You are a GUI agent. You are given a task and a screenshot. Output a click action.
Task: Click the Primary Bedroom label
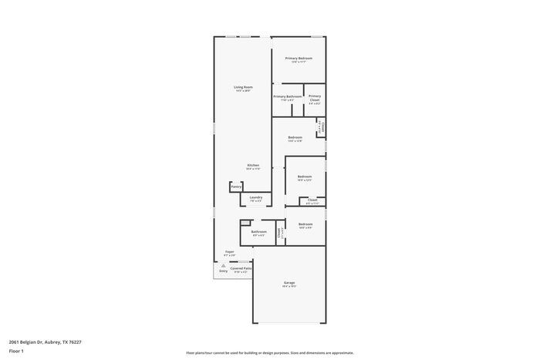point(299,59)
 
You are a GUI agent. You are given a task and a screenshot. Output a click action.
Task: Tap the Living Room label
point(243,87)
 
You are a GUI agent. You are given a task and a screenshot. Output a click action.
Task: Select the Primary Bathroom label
point(288,96)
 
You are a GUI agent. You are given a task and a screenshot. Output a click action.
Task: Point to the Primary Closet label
point(315,97)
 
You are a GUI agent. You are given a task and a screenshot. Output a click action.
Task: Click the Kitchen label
point(253,166)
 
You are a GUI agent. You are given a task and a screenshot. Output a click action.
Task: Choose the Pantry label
point(236,187)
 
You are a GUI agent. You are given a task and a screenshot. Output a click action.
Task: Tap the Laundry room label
point(255,197)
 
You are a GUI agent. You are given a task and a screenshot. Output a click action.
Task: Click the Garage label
point(289,283)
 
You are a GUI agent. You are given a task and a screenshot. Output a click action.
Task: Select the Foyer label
point(229,252)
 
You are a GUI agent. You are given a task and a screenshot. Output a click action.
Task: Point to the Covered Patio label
point(241,268)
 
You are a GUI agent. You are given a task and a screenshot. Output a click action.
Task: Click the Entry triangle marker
point(224,264)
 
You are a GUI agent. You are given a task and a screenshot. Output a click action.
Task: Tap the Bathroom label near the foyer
point(258,232)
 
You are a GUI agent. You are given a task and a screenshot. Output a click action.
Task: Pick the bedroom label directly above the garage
point(305,224)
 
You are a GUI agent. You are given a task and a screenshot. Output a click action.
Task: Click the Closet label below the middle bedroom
point(312,200)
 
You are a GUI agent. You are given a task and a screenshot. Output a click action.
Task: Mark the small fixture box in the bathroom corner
point(245,224)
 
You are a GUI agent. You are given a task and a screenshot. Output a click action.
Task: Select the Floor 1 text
point(16,351)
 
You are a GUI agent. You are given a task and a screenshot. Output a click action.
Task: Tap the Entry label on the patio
point(224,271)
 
